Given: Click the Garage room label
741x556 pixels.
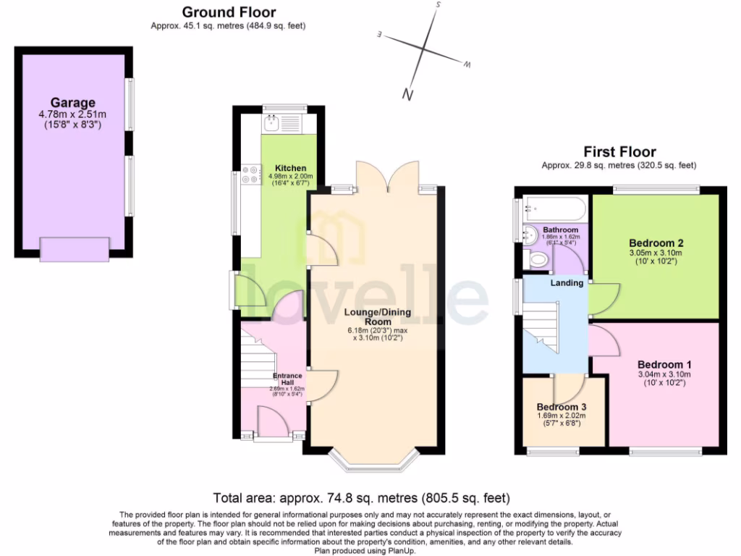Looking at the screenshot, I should pos(72,103).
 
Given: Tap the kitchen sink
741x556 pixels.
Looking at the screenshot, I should pos(272,124).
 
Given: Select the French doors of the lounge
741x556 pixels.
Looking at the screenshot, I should pos(389,177).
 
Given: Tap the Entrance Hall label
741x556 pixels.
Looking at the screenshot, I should pos(287,379).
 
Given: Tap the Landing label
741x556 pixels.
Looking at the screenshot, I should pos(567,283).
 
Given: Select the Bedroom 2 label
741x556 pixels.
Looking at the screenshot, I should pos(656,243).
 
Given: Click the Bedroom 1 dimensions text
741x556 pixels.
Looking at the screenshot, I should pos(664,379).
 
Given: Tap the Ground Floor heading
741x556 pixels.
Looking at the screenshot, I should pos(228,12).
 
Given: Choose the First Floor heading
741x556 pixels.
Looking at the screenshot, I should pos(619,152).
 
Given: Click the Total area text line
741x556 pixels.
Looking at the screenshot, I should pos(362,498).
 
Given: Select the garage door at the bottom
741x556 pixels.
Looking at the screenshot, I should pos(75,250).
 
